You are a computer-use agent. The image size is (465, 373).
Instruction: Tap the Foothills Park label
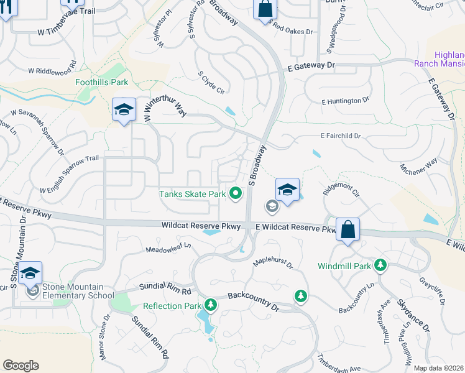click(101, 81)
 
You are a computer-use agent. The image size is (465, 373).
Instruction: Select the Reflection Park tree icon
click(211, 305)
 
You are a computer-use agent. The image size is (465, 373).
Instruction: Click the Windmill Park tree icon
click(380, 265)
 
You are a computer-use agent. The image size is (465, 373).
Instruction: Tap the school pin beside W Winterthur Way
click(124, 110)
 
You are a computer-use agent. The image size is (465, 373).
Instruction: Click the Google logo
click(21, 366)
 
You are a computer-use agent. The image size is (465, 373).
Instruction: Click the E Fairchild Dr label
click(341, 136)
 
